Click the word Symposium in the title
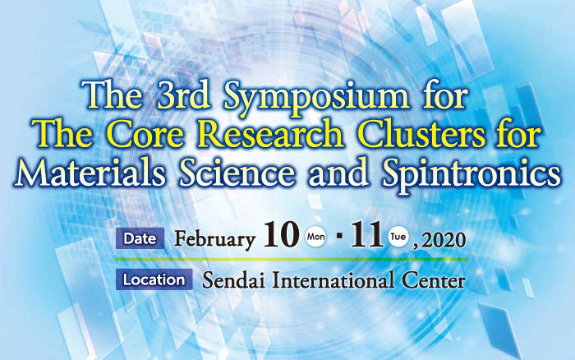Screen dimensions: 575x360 click(316, 97)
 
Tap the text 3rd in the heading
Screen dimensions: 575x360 click(183, 95)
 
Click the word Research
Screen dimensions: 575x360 click(272, 134)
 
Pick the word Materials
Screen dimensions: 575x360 click(90, 173)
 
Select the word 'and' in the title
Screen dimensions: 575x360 click(338, 173)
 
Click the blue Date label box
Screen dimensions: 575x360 click(140, 238)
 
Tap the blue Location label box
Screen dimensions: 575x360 click(154, 279)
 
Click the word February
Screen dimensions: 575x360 click(214, 240)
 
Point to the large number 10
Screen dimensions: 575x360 click(281, 234)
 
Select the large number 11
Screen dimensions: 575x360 click(367, 234)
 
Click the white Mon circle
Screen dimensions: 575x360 click(315, 237)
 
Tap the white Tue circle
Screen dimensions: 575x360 click(398, 237)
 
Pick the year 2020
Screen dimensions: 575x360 click(444, 240)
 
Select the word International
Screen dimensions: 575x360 click(333, 280)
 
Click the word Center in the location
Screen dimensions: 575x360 click(434, 281)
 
